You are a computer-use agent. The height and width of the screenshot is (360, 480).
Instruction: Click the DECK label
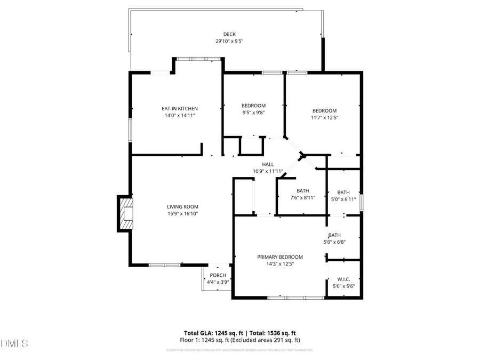[x=229, y=34]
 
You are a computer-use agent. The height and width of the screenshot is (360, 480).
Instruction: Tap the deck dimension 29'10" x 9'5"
[x=229, y=41]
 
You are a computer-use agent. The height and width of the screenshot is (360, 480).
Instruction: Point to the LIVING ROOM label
[x=182, y=207]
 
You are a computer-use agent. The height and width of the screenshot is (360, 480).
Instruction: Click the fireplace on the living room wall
[x=125, y=213]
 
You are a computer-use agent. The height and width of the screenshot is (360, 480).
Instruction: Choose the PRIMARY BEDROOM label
[x=279, y=257]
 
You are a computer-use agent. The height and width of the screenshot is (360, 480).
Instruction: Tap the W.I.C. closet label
[x=343, y=279]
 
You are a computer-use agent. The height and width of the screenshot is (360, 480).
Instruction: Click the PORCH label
[x=218, y=275]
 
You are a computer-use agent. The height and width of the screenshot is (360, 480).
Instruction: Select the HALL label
[x=267, y=164]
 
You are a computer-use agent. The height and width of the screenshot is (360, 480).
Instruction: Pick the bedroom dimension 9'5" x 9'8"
[x=253, y=113]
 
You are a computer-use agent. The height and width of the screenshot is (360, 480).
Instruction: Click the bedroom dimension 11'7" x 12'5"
[x=324, y=117]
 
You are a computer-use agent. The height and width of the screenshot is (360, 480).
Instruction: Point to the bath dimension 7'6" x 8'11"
[x=302, y=197]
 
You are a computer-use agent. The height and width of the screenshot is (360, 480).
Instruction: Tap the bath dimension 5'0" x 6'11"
[x=343, y=199]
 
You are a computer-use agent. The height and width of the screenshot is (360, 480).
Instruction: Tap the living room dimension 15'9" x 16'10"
[x=182, y=214]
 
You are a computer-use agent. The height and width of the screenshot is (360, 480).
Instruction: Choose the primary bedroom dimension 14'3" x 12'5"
[x=279, y=263]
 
